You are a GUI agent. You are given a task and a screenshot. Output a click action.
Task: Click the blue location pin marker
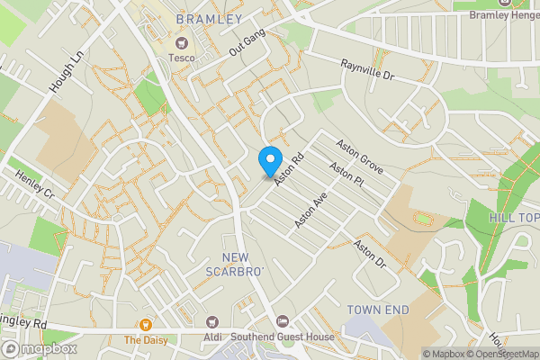pyautogui.click(x=269, y=161)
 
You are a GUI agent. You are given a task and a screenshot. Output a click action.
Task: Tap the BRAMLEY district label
pyautogui.click(x=210, y=19)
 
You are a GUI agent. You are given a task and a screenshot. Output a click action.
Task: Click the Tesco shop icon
pyautogui.click(x=181, y=42)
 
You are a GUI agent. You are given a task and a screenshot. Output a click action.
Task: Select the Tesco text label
pyautogui.click(x=181, y=58)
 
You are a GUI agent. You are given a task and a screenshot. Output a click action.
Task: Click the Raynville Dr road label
pyautogui.click(x=368, y=71)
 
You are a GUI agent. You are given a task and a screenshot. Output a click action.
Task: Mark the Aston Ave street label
pyautogui.click(x=309, y=210)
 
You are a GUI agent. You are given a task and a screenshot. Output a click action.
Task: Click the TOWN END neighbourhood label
pyautogui.click(x=378, y=310)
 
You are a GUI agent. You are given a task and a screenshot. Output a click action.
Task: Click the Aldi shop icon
pyautogui.click(x=211, y=322)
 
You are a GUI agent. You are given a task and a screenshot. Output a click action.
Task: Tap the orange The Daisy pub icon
pyautogui.click(x=144, y=324)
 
